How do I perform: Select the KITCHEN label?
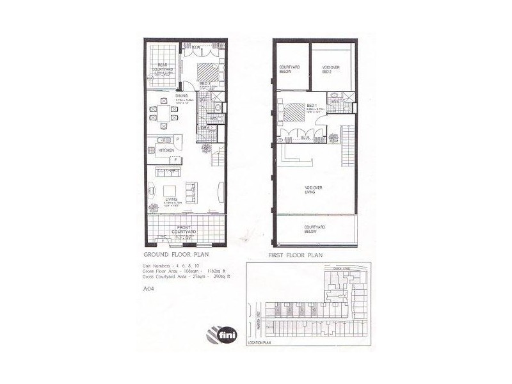pos(158,150)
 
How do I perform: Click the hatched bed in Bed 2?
pos(205,70)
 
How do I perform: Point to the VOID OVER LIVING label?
pos(314,189)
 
